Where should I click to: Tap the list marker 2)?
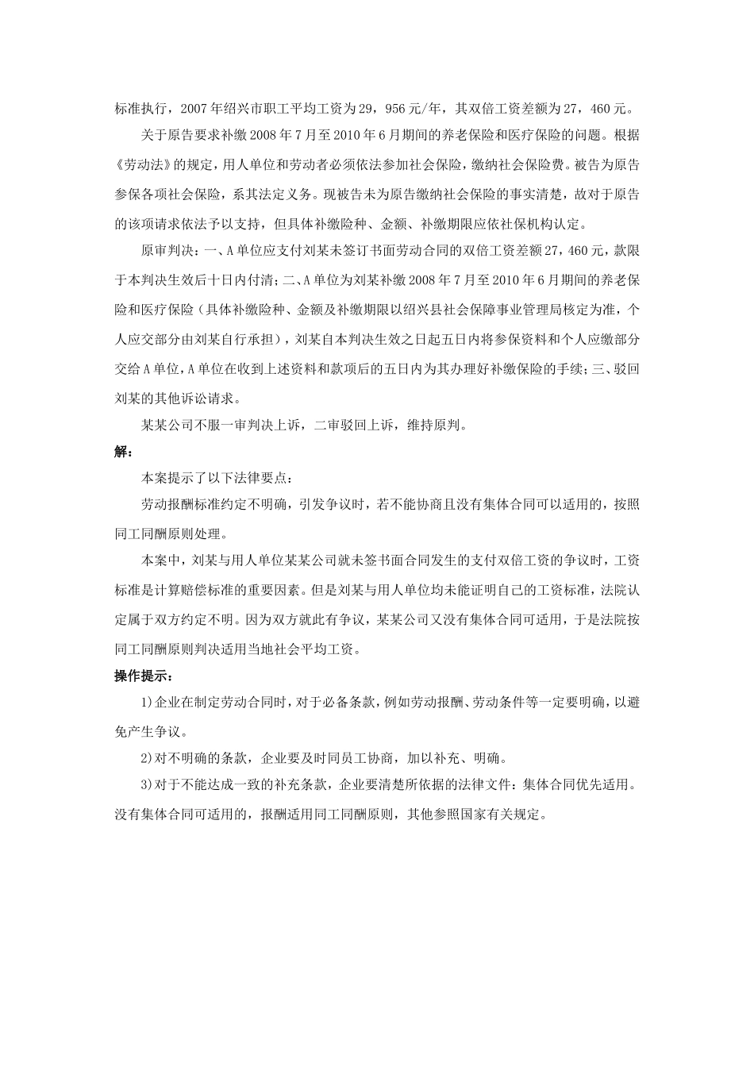click(146, 758)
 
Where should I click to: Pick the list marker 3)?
click(146, 786)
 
